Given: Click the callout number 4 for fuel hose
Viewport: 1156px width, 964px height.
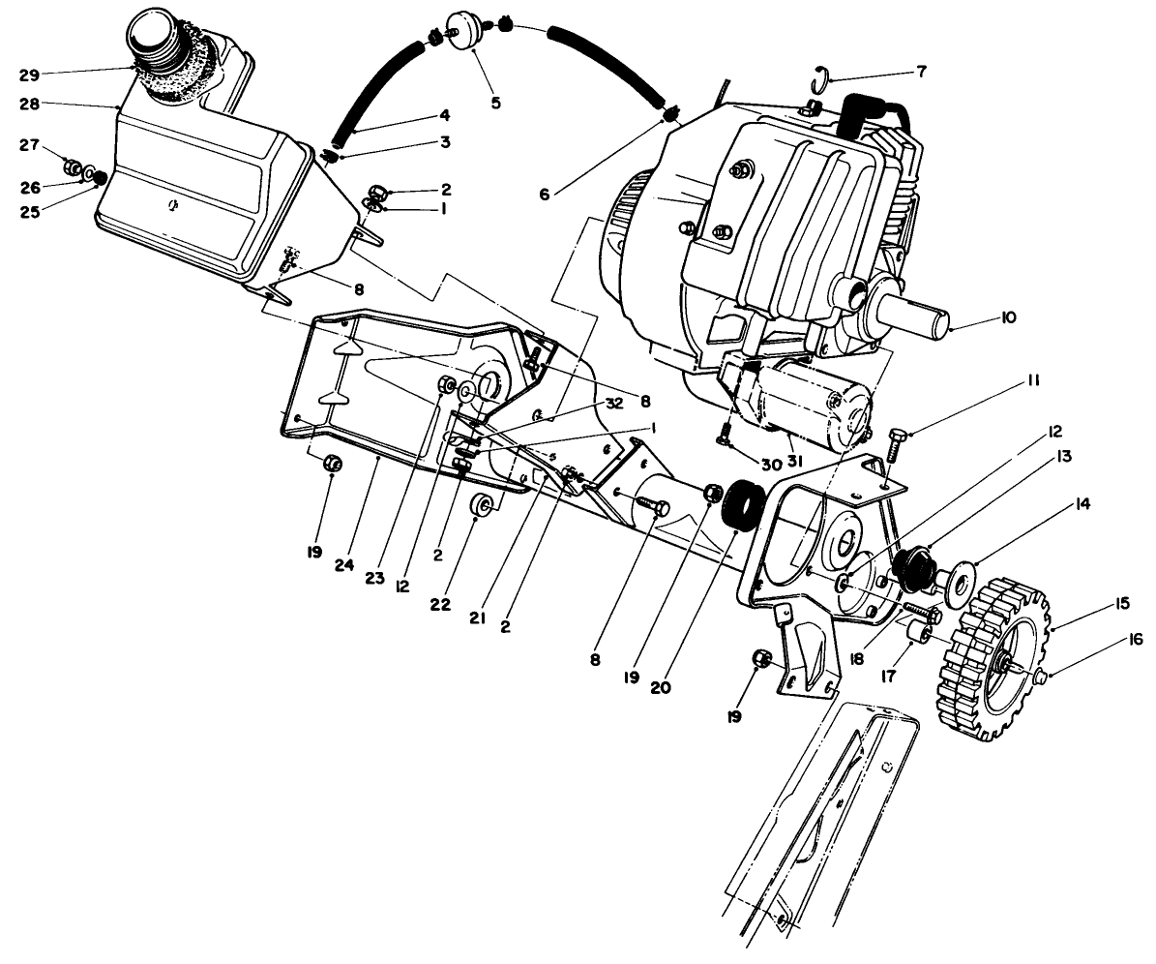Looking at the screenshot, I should tap(444, 114).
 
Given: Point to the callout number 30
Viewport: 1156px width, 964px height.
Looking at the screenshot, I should tap(771, 465).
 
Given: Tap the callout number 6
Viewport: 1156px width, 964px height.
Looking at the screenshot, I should tap(546, 194).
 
